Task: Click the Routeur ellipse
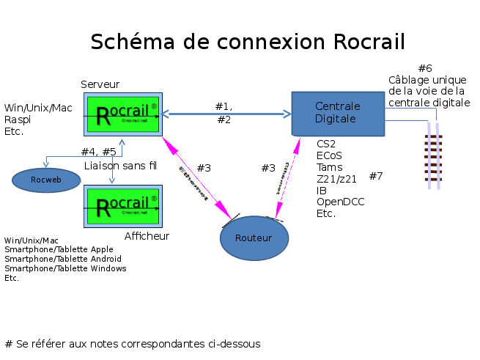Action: (x=254, y=238)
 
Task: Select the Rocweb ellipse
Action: (x=46, y=180)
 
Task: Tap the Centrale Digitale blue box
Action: (x=337, y=114)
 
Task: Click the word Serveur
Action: (x=100, y=84)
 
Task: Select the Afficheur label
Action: (x=147, y=236)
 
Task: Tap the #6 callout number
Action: (x=425, y=68)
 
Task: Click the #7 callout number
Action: (x=376, y=176)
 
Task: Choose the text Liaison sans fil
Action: (x=121, y=166)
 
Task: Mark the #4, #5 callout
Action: (x=98, y=152)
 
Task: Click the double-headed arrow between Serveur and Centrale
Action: (x=226, y=114)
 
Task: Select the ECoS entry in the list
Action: (x=330, y=155)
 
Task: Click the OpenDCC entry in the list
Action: (x=341, y=202)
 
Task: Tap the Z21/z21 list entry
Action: (x=337, y=179)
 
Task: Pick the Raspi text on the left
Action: (x=18, y=120)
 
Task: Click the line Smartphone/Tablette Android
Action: (x=63, y=259)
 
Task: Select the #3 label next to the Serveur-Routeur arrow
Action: (x=204, y=168)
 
